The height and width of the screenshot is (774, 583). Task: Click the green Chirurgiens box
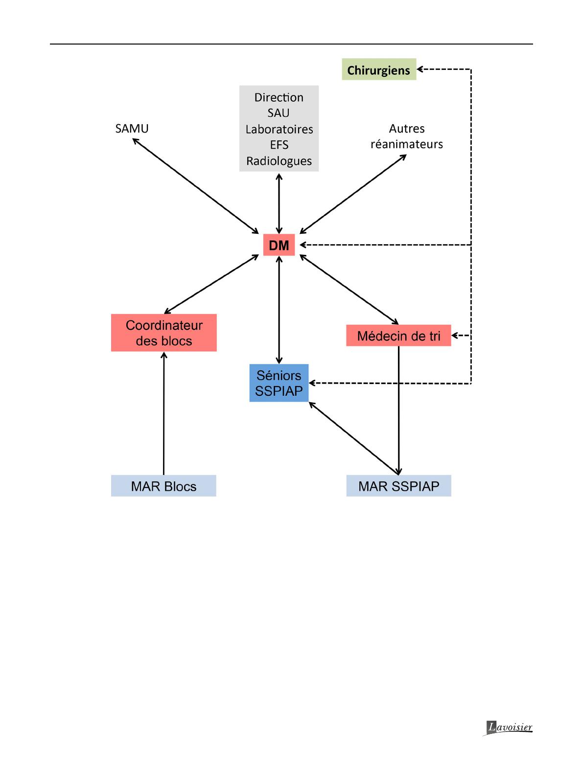(x=379, y=69)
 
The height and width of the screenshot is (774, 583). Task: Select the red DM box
(x=279, y=245)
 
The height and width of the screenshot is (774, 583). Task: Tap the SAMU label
(x=132, y=128)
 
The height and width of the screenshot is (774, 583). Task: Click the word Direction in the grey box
(x=279, y=97)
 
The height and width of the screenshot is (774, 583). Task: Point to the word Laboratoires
(x=279, y=129)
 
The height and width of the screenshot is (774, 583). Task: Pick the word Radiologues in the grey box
(x=279, y=161)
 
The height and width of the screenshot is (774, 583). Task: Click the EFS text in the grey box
(x=279, y=144)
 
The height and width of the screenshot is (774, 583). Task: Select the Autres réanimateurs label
(x=407, y=136)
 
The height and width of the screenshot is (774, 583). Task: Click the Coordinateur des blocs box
(x=163, y=333)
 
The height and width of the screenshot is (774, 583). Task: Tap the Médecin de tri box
(x=398, y=335)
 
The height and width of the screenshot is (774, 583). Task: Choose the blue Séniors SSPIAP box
(x=279, y=383)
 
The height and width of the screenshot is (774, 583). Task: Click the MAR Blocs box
(x=163, y=486)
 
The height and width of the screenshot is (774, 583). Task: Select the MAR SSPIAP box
(x=398, y=486)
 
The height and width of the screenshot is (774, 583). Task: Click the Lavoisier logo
(x=508, y=728)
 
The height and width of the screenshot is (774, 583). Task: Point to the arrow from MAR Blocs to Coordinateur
(x=163, y=413)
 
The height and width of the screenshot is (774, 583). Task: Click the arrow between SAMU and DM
(x=195, y=186)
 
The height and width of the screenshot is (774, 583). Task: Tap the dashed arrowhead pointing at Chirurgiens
(x=420, y=69)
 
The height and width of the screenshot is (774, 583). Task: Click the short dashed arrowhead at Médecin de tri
(x=455, y=335)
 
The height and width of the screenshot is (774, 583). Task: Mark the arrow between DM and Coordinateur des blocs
(x=211, y=284)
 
